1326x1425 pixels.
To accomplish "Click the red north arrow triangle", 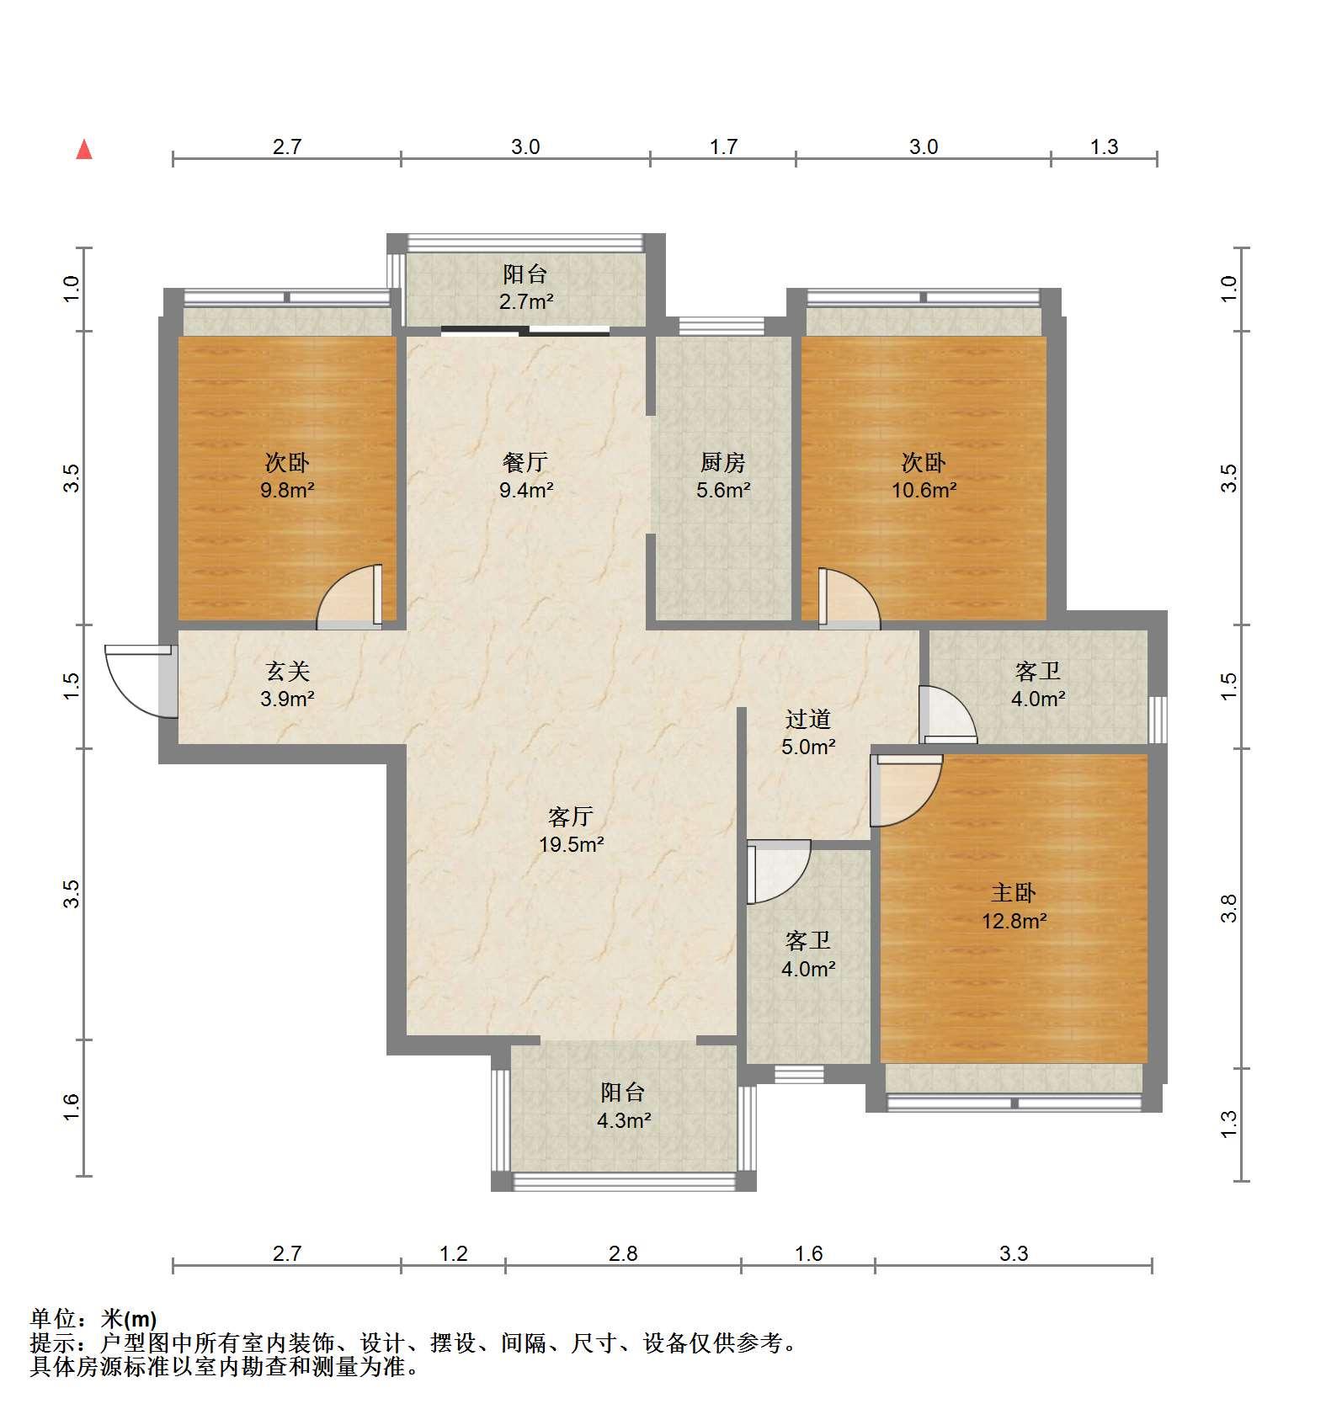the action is click(x=84, y=150).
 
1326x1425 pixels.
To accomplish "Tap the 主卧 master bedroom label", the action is click(x=1014, y=893).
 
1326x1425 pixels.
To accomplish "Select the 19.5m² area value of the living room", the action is click(x=572, y=844).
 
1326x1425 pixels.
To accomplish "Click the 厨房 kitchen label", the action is click(x=723, y=462).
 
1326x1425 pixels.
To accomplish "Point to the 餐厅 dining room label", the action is click(x=525, y=462).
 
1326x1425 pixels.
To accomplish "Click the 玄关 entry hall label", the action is click(x=288, y=671).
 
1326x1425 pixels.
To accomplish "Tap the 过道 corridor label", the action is click(x=808, y=719).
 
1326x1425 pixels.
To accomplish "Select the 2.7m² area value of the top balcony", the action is click(x=526, y=301).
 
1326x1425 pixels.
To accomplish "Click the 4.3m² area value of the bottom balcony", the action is click(x=624, y=1120).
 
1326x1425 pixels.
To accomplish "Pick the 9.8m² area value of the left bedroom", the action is click(x=288, y=490).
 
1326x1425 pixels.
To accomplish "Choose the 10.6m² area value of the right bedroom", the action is click(x=924, y=490).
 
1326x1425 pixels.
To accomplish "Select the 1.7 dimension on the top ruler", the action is click(x=723, y=147).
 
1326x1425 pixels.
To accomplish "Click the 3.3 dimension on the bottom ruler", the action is click(x=1014, y=1254).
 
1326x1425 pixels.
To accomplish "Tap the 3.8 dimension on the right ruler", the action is click(x=1229, y=908).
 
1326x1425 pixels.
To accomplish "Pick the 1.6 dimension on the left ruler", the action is click(x=72, y=1107).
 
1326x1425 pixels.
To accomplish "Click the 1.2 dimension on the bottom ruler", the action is click(x=453, y=1254).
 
